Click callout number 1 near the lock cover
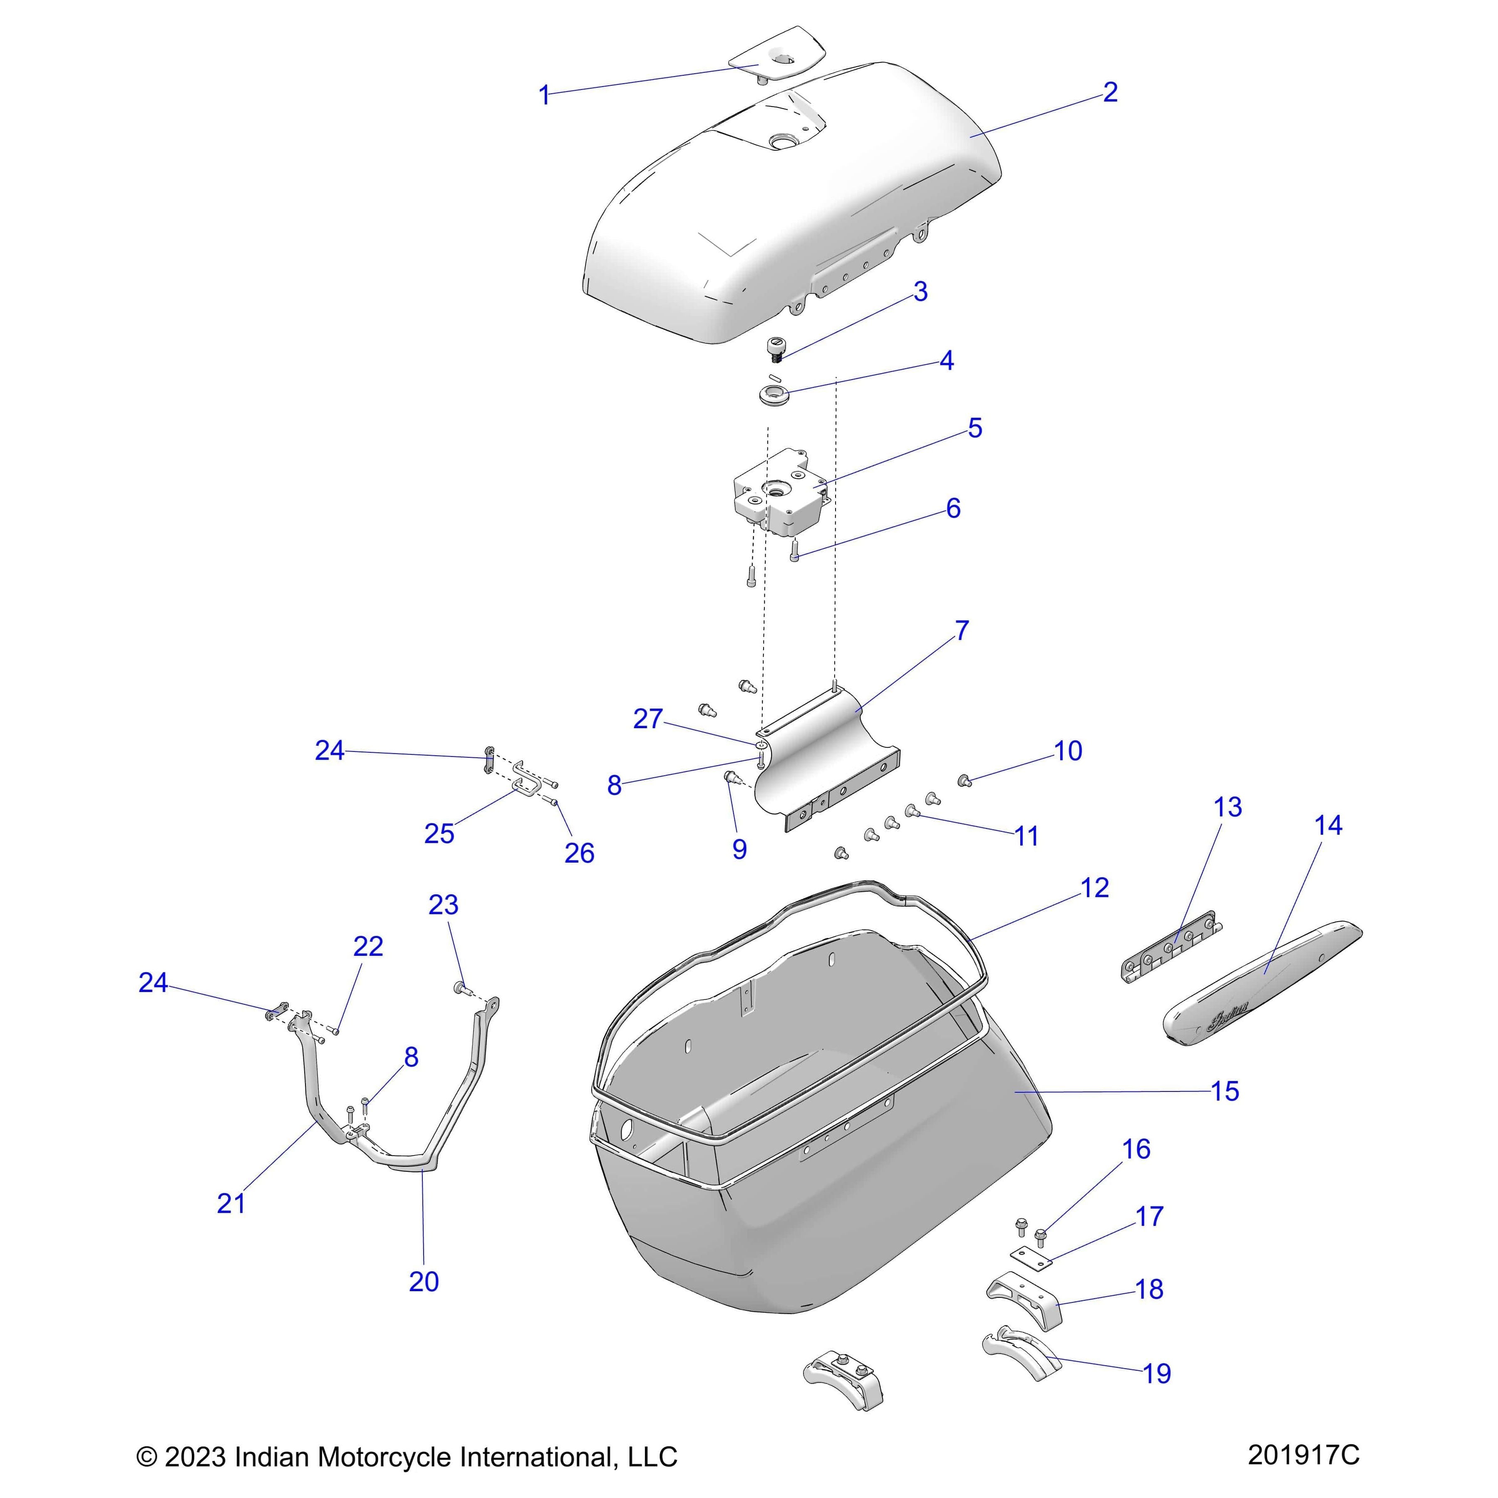point(544,95)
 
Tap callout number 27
point(647,719)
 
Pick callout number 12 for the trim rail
point(1094,888)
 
